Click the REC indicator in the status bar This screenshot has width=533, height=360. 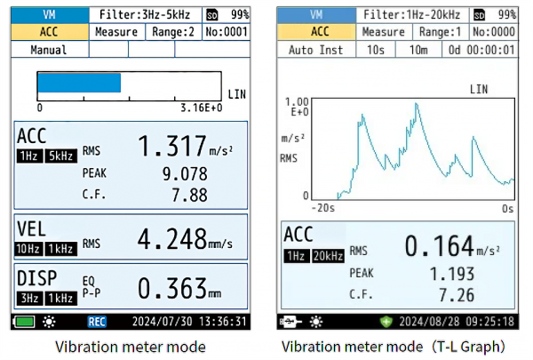tap(97, 321)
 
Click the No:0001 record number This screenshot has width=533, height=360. tap(226, 32)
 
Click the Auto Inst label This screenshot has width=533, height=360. tap(315, 49)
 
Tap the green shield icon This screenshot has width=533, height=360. tap(386, 321)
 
